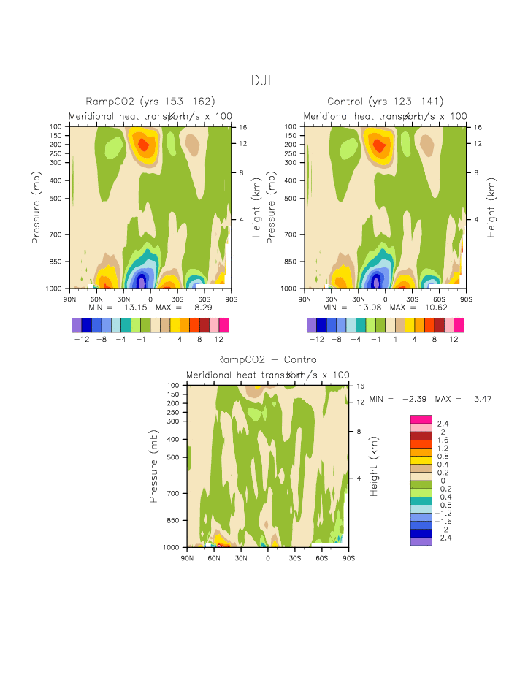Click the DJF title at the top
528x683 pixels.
(263, 80)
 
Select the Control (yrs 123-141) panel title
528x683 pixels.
(386, 102)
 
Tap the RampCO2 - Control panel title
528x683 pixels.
(268, 359)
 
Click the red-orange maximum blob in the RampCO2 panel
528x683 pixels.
(143, 145)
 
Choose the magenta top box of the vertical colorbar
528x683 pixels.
(421, 419)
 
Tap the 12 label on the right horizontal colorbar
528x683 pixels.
(454, 339)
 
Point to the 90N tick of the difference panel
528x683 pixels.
(187, 558)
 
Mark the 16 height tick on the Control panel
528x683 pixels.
(477, 127)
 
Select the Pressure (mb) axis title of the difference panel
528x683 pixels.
(154, 465)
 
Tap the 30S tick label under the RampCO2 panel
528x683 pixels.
(177, 299)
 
